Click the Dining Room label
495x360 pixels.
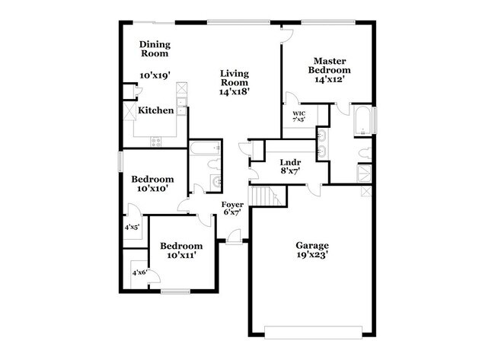point(154,49)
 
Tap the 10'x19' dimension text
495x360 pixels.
point(155,75)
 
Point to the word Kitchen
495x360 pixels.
point(155,110)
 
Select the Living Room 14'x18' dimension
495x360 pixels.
point(235,91)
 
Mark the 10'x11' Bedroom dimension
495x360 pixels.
point(181,256)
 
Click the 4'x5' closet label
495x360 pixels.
point(133,227)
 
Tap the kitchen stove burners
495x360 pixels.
point(156,140)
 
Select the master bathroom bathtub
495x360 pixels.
point(362,121)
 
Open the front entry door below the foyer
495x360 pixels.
point(233,242)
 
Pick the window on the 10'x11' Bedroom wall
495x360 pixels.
point(176,292)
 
